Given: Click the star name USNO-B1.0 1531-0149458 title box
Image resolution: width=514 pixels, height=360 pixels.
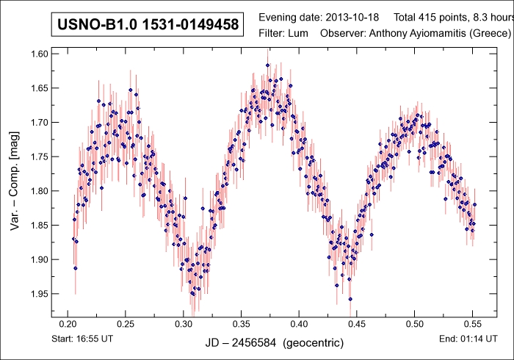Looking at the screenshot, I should point(148,24).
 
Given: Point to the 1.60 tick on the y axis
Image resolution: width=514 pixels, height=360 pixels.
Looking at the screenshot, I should point(38,54).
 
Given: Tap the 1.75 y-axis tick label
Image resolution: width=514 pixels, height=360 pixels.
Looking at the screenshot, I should point(38,156).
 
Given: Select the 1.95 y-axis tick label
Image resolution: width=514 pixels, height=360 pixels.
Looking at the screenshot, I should point(38,294).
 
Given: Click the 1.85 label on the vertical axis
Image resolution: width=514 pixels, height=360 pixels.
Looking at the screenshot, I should point(38,225).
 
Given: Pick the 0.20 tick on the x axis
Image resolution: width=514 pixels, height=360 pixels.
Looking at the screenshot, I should point(68,323).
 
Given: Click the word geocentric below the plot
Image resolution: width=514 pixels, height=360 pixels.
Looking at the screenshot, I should point(314,343).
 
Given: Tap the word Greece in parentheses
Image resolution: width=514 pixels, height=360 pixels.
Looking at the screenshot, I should point(491,34).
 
